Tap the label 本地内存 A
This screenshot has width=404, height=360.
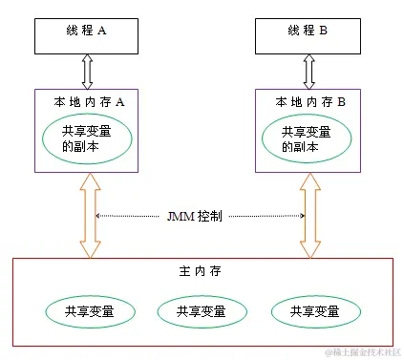point(87,100)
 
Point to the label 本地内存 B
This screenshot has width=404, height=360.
point(309,100)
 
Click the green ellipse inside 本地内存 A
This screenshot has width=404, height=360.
point(87,139)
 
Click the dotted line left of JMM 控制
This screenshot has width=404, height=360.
point(128,216)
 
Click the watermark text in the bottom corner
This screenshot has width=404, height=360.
point(362,352)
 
